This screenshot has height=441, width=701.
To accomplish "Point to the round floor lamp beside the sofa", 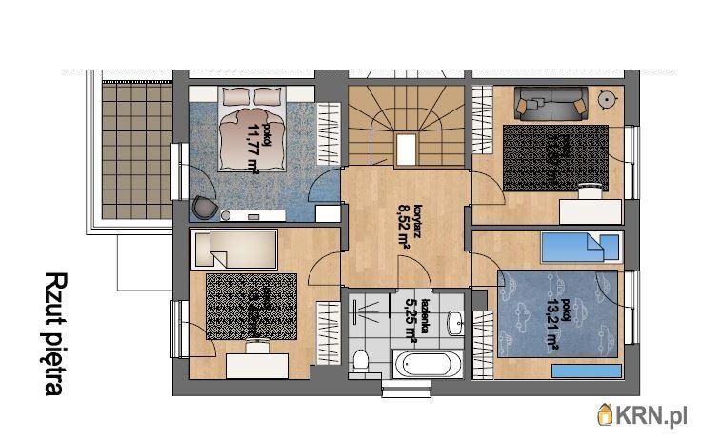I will [x=606, y=98].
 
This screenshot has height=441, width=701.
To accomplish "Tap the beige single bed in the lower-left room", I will [x=232, y=250].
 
